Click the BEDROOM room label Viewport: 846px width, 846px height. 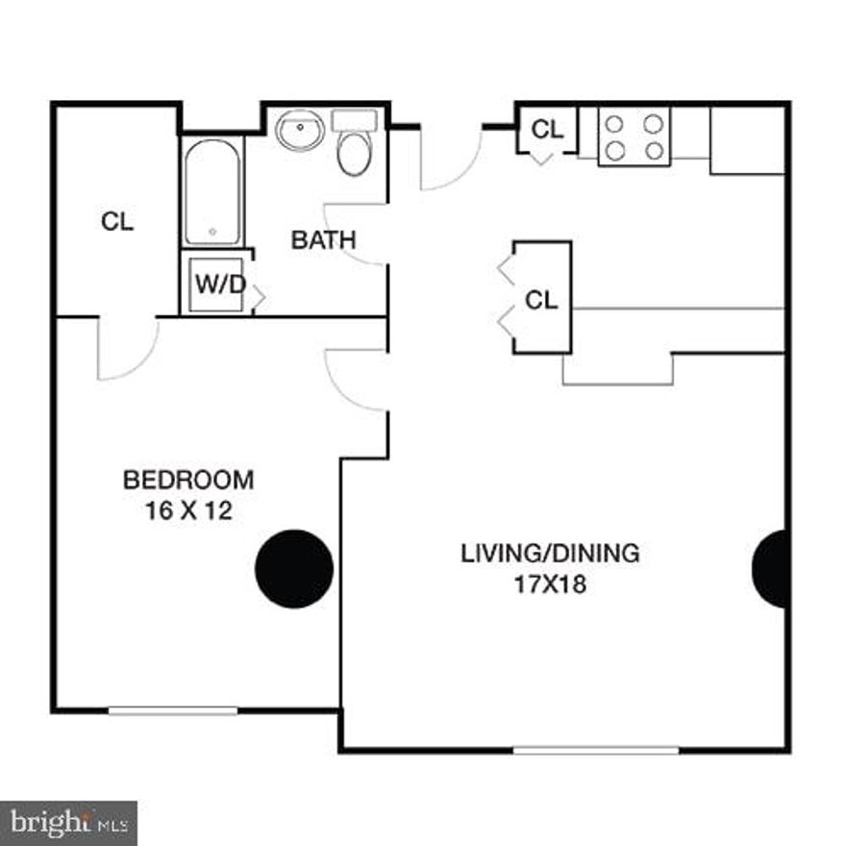pyautogui.click(x=188, y=479)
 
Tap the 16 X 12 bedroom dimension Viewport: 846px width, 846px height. pyautogui.click(x=188, y=510)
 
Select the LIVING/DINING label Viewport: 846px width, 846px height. pyautogui.click(x=550, y=553)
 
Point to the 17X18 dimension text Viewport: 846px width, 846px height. pyautogui.click(x=550, y=584)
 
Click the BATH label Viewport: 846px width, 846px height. pyautogui.click(x=323, y=239)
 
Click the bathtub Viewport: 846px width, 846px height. pyautogui.click(x=212, y=192)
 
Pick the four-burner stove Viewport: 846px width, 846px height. pyautogui.click(x=634, y=137)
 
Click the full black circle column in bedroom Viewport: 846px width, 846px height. pyautogui.click(x=294, y=569)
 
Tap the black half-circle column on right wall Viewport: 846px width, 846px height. pyautogui.click(x=772, y=569)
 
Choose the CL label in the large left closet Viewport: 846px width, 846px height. pyautogui.click(x=117, y=222)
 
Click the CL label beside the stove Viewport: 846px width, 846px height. pyautogui.click(x=547, y=128)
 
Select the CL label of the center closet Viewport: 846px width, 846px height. pyautogui.click(x=541, y=300)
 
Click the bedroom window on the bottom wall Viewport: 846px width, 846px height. pyautogui.click(x=173, y=710)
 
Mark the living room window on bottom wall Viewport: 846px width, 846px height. pyautogui.click(x=596, y=750)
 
